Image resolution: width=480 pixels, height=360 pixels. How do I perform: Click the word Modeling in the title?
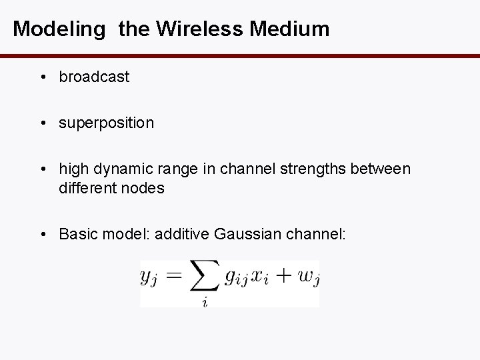59,29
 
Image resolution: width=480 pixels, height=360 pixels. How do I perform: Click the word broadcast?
94,77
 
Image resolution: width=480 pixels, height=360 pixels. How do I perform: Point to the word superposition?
107,123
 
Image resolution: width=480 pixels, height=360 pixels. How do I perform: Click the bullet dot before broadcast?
42,78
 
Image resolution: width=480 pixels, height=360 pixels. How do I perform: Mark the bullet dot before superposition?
42,124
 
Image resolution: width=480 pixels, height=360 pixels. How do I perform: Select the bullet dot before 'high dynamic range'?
42,170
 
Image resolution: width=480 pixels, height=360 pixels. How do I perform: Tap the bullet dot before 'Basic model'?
42,234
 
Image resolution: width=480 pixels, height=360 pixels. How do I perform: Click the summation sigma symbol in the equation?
204,277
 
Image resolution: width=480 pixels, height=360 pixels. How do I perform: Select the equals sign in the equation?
174,275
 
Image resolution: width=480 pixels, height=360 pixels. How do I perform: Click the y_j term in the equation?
149,276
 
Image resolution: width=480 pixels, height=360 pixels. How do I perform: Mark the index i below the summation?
204,301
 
